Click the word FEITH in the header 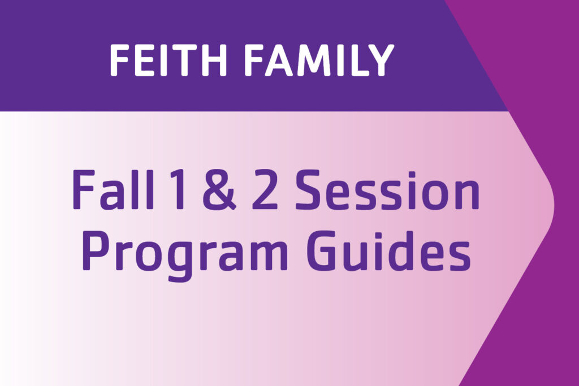coord(168,60)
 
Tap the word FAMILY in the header coord(320,60)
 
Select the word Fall coord(113,189)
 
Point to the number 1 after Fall coord(177,190)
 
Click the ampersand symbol coord(219,190)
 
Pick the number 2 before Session coord(265,190)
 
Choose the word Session coord(387,190)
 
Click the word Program coord(184,255)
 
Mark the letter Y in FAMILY coord(381,60)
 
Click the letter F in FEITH coord(119,60)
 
